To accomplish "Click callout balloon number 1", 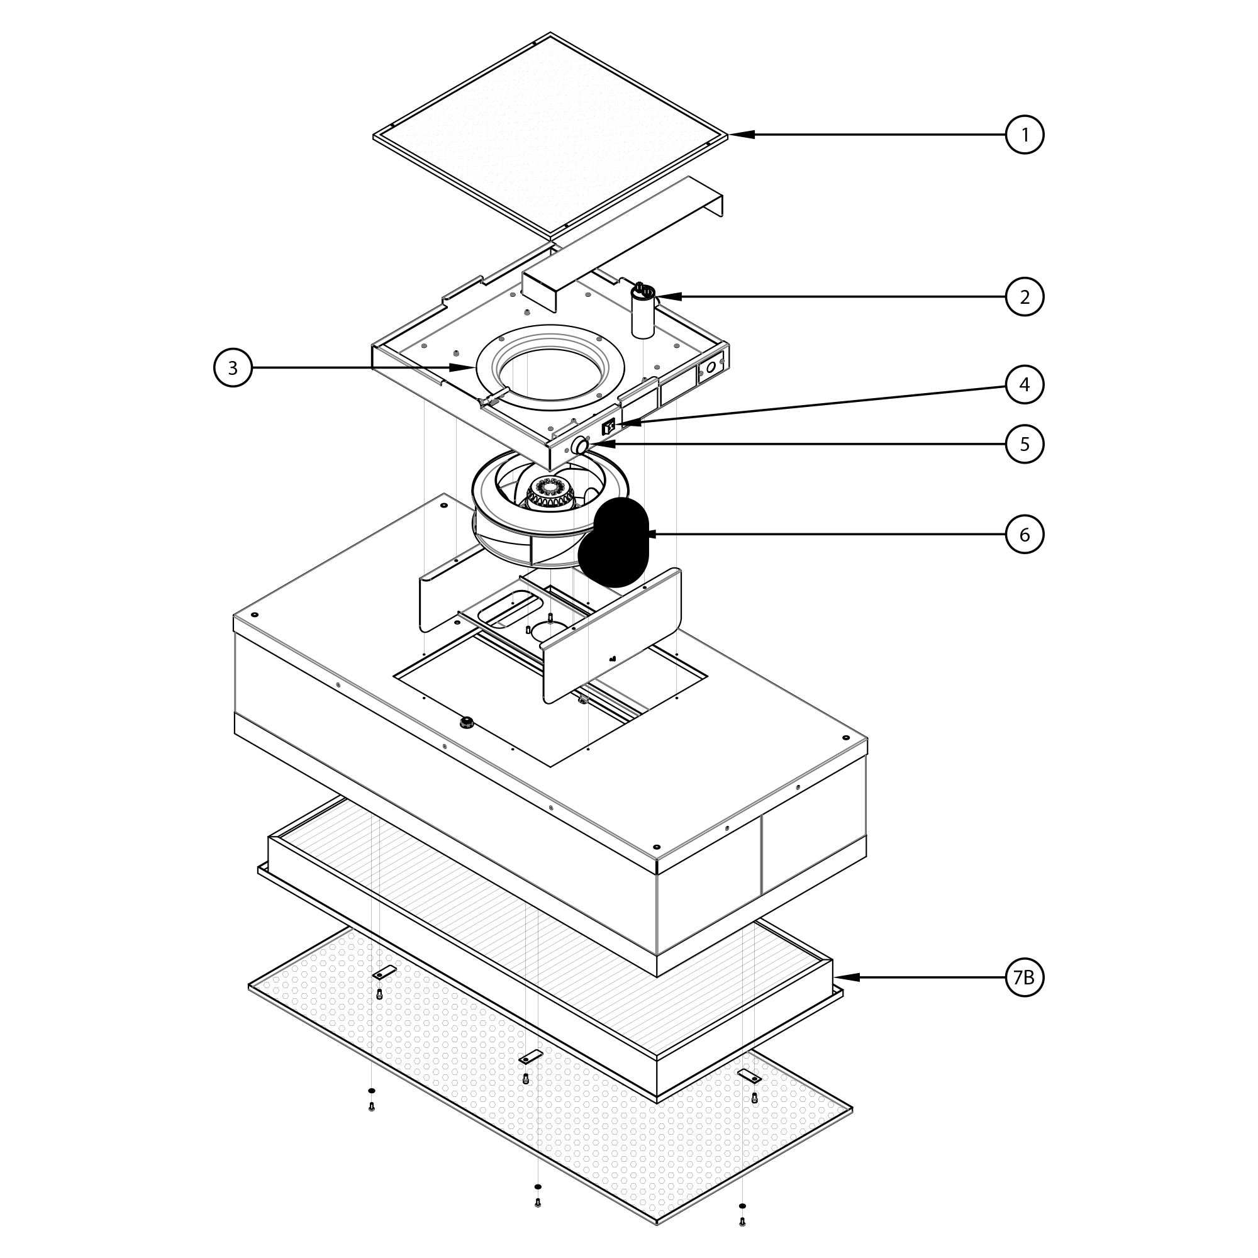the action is point(1024,135).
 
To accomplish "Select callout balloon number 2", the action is point(1024,297).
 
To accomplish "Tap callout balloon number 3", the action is point(233,368).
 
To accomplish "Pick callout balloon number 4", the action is point(1024,385).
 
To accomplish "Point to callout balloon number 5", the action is point(1024,444).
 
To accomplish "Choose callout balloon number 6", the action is point(1024,535).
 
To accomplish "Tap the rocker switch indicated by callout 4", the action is point(609,427).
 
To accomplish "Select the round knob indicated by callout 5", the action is point(579,446).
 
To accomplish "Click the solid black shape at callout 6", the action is point(613,542).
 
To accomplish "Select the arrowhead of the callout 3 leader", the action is point(462,368).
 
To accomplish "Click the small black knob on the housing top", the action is point(465,721).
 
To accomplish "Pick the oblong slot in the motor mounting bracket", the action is point(506,610).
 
